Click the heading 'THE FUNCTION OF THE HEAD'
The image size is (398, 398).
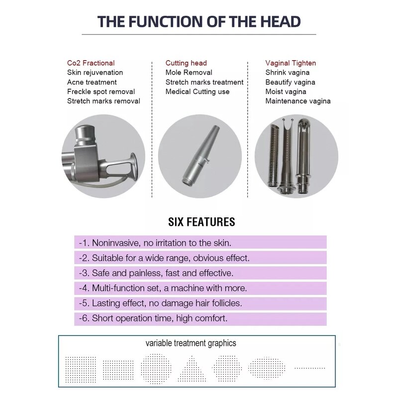[x=199, y=21]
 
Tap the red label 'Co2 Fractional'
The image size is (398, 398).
[x=91, y=63]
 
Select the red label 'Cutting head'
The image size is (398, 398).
[x=186, y=63]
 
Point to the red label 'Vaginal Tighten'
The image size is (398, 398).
[x=291, y=63]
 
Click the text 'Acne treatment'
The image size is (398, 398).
[x=92, y=82]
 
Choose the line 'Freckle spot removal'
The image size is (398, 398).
[x=101, y=92]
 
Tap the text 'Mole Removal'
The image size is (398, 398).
[x=189, y=73]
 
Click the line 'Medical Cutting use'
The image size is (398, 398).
[x=198, y=92]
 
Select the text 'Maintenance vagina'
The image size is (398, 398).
[x=298, y=101]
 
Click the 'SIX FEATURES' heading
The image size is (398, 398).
[x=201, y=222]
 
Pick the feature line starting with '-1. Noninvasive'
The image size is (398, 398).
[x=155, y=243]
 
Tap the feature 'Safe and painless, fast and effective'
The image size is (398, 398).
[x=163, y=273]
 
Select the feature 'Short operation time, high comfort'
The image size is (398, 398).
[x=159, y=318]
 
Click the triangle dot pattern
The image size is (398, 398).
[x=192, y=369]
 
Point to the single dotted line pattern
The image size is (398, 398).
[x=309, y=368]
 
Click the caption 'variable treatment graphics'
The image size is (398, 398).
[x=191, y=343]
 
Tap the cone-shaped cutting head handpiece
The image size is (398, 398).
[x=200, y=155]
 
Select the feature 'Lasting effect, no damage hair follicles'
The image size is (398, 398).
[x=167, y=303]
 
